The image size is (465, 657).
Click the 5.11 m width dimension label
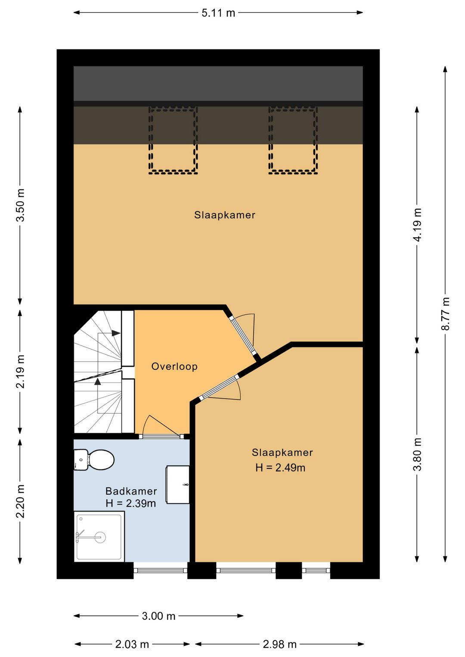(218, 13)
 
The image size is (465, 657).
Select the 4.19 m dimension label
(417, 225)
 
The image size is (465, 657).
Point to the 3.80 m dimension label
(417, 454)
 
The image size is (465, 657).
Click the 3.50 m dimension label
(21, 205)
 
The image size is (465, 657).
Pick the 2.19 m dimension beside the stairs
(21, 371)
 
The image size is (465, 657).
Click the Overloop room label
(174, 366)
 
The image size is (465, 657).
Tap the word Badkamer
(131, 491)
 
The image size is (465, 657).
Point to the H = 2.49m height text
(280, 468)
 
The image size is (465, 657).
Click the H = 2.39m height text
(131, 503)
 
